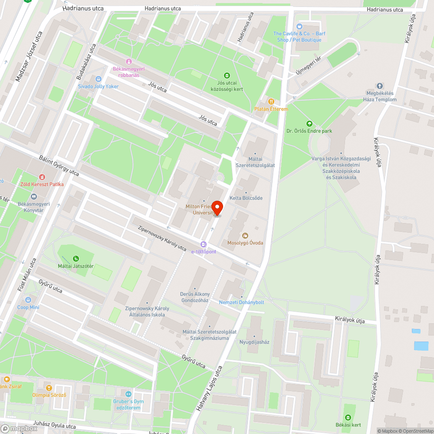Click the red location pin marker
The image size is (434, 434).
point(217,208)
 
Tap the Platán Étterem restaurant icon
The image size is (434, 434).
point(271,102)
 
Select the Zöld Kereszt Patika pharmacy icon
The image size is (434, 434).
point(42,177)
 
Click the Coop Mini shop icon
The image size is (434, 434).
point(28,300)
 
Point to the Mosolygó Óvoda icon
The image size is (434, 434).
point(245,235)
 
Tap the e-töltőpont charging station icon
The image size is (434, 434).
point(203,244)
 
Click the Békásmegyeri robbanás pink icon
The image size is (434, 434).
point(128,62)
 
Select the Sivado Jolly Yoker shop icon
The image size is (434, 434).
point(98,79)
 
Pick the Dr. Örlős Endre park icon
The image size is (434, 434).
point(309,123)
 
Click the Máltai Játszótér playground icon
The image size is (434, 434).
point(76,259)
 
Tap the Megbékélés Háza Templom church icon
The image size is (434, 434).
point(380,86)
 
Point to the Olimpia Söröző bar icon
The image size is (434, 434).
point(49,388)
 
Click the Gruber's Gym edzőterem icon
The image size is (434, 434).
point(128,394)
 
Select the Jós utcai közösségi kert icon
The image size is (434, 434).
point(226,75)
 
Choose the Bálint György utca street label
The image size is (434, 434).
point(59,166)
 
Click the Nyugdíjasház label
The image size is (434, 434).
point(254,342)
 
